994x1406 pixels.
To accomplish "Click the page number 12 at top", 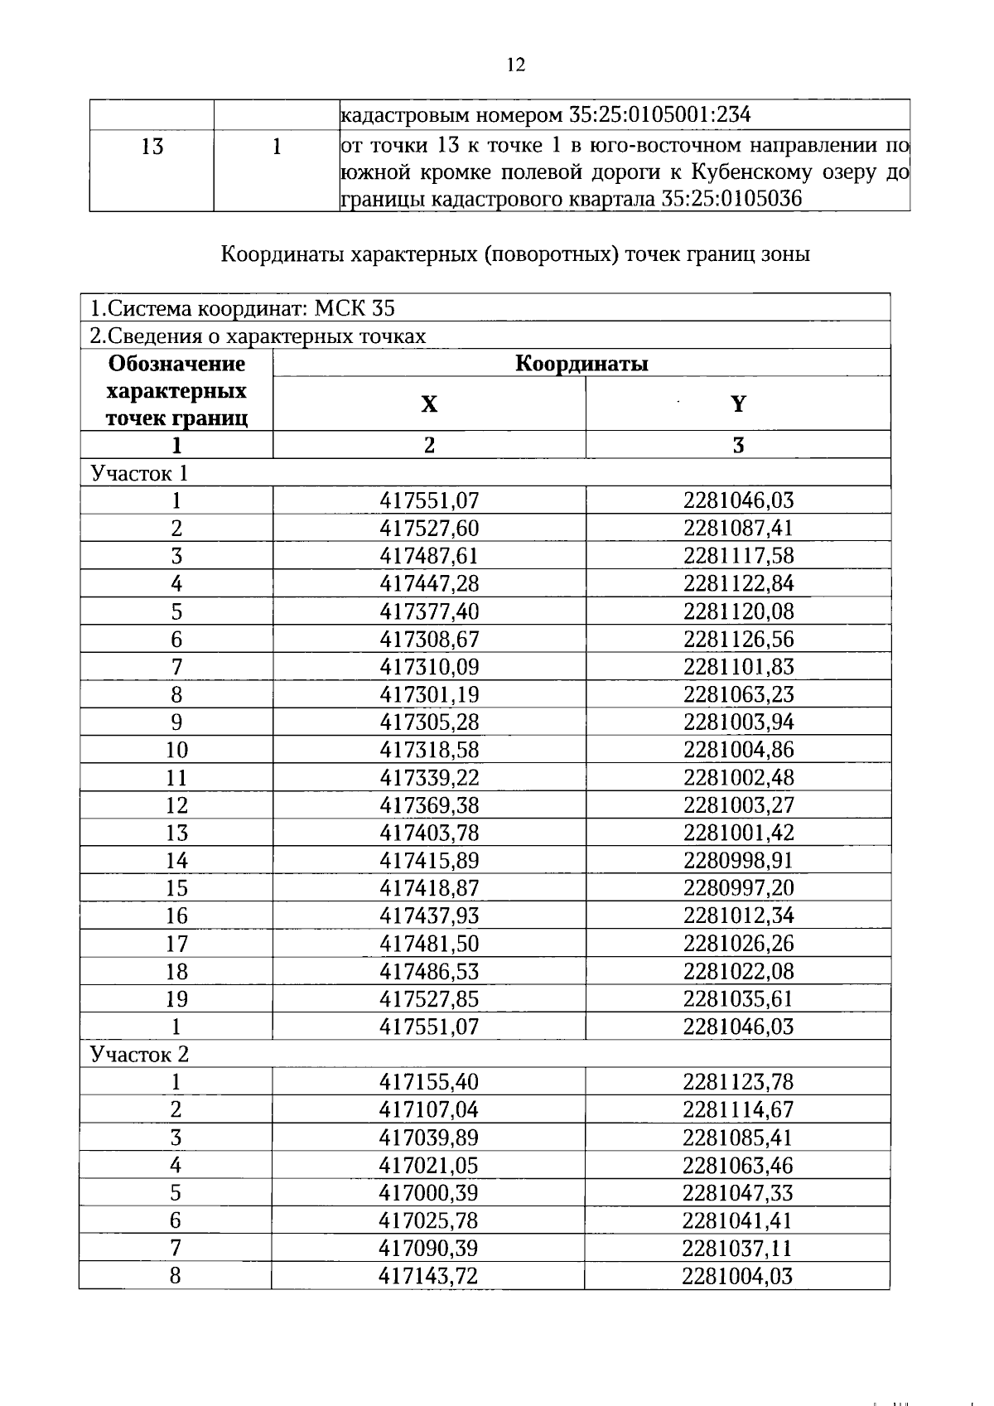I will [515, 65].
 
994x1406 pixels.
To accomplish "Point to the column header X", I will [428, 404].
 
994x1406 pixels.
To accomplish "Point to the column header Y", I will [738, 403].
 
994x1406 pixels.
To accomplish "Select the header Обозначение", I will [176, 364].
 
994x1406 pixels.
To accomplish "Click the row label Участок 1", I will [139, 473].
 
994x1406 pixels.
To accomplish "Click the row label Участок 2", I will [139, 1054].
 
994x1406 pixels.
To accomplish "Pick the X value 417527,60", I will [429, 529].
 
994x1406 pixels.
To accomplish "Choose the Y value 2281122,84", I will [738, 583].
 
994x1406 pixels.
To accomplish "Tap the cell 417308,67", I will [429, 639].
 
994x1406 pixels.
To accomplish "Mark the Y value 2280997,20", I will [738, 888].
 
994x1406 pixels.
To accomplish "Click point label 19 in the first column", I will [176, 999].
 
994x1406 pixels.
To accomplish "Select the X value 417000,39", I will [429, 1193].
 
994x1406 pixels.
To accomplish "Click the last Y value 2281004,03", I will [737, 1276].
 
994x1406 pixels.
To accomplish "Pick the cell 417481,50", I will [429, 944].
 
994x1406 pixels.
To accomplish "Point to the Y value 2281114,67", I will [738, 1109].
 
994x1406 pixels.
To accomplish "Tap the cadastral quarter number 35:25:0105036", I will [732, 200].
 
